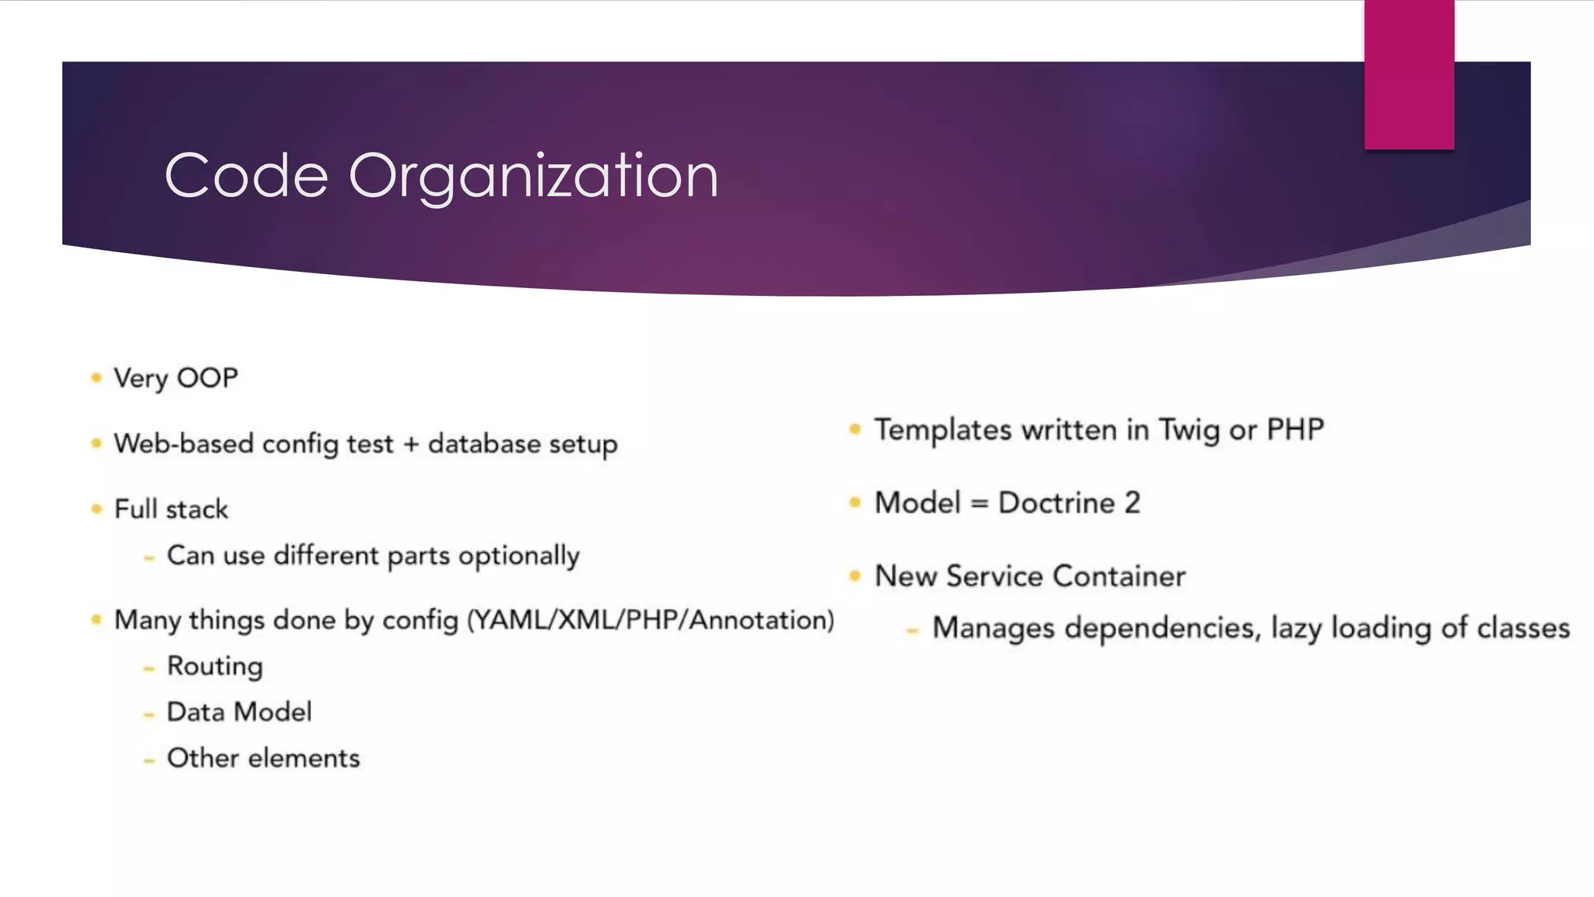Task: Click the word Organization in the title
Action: pyautogui.click(x=533, y=177)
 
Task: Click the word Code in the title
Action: pyautogui.click(x=246, y=177)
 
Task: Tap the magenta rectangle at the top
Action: pyautogui.click(x=1409, y=75)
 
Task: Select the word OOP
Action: pyautogui.click(x=207, y=378)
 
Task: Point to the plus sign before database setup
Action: pyautogui.click(x=411, y=445)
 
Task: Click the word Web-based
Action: pyautogui.click(x=184, y=444)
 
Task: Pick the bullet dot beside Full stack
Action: pyautogui.click(x=97, y=509)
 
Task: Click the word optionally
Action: pyautogui.click(x=519, y=556)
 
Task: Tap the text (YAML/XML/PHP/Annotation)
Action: pyautogui.click(x=651, y=621)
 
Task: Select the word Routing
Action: pyautogui.click(x=215, y=667)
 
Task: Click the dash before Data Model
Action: pyautogui.click(x=149, y=714)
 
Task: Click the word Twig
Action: pyautogui.click(x=1188, y=431)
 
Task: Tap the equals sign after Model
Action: pyautogui.click(x=980, y=504)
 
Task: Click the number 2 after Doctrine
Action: pyautogui.click(x=1132, y=503)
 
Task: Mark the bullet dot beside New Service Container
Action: pyautogui.click(x=855, y=576)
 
